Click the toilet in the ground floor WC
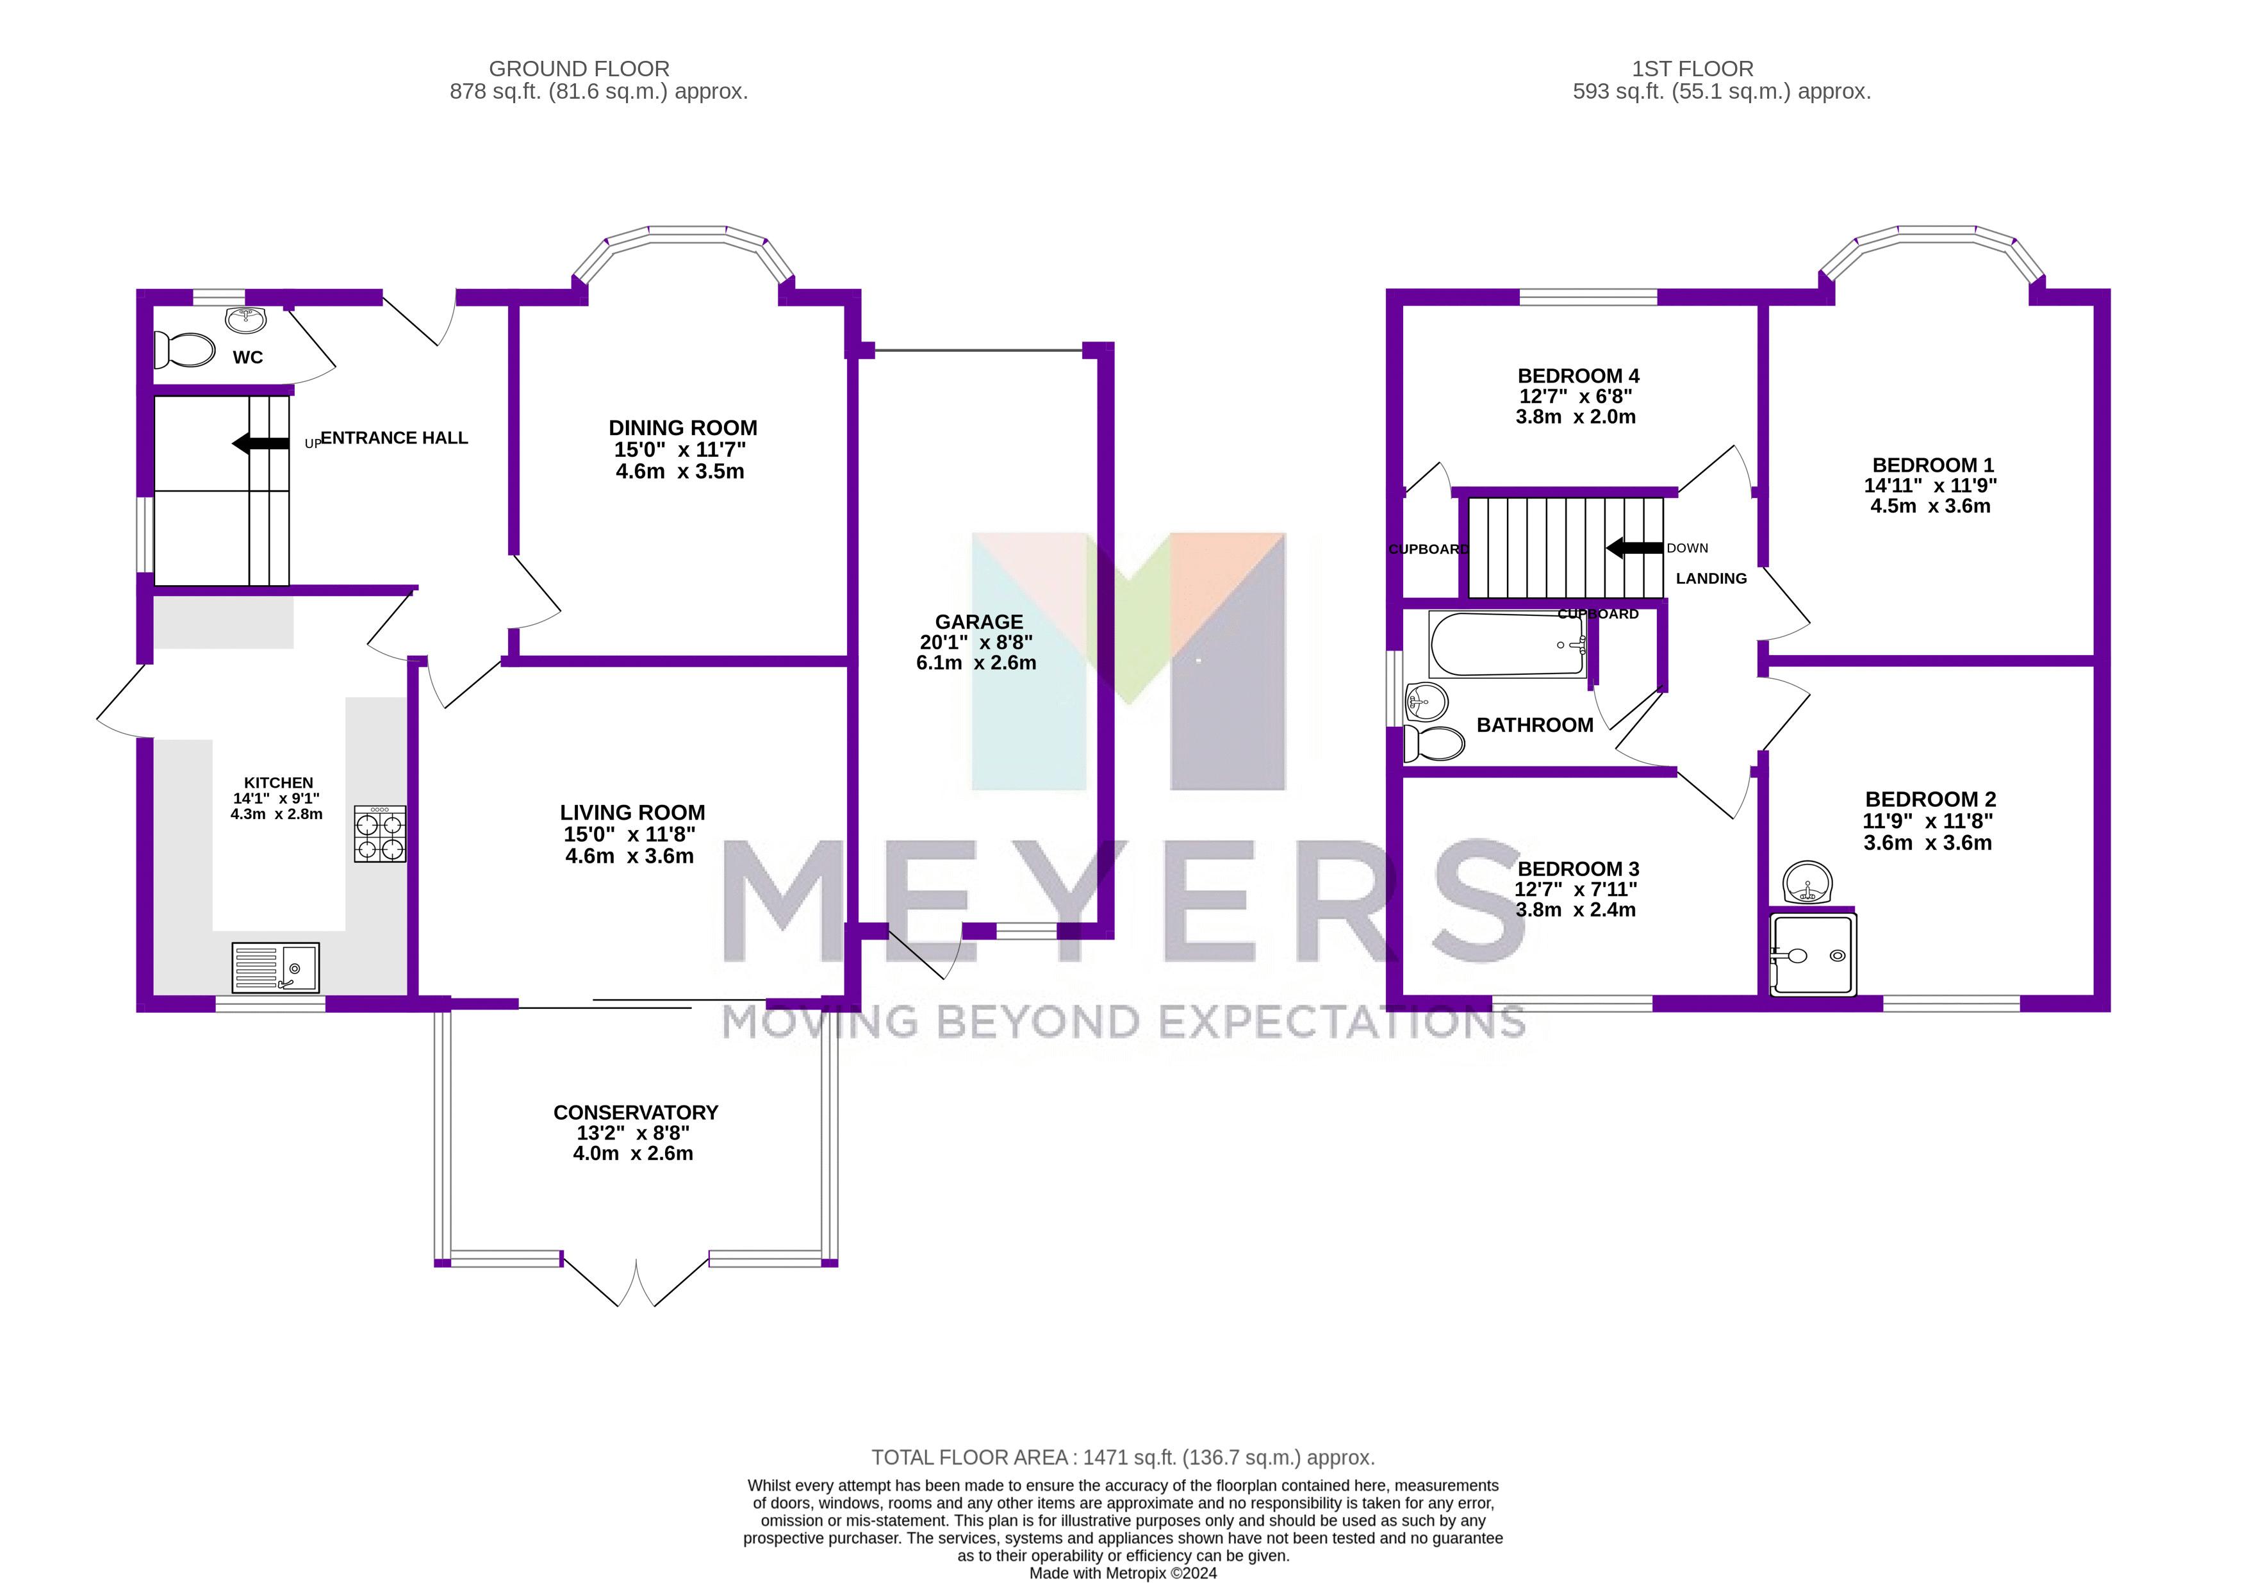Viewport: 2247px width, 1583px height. coord(185,349)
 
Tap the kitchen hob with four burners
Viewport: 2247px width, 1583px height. coord(380,834)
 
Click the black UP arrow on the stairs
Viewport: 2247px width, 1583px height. coord(260,443)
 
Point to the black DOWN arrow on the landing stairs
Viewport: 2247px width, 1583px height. coord(1634,548)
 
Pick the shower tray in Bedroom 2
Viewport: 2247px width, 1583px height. coord(1813,954)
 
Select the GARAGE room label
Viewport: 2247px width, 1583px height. coord(978,622)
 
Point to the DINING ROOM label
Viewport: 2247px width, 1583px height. coord(682,428)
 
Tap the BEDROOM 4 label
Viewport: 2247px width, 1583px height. coord(1577,376)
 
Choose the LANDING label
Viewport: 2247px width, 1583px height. coord(1711,579)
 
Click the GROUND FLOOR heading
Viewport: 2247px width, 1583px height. coord(579,69)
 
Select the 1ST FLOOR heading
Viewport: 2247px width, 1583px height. coord(1692,69)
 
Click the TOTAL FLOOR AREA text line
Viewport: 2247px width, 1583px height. coord(1123,1457)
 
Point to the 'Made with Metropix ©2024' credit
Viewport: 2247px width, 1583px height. coord(1123,1573)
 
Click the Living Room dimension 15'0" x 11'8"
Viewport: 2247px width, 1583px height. coord(629,834)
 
